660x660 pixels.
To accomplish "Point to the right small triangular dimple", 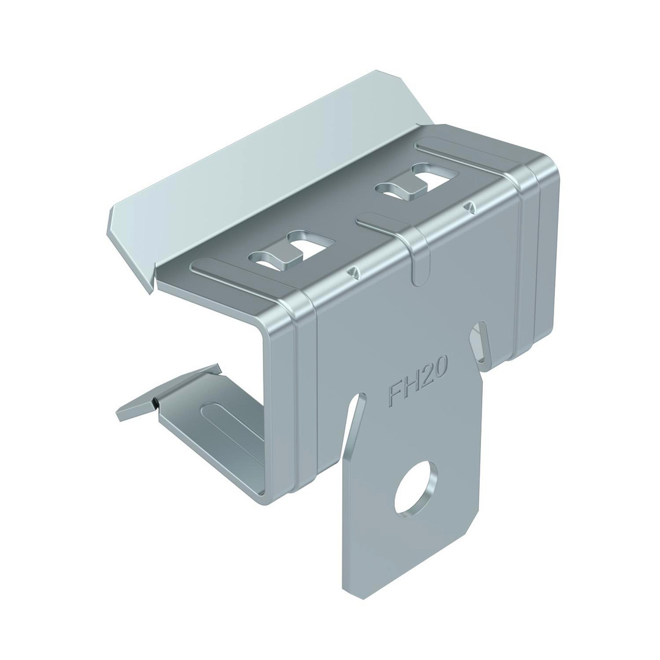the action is tap(469, 207).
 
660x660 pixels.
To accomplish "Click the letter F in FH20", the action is tap(395, 395).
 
